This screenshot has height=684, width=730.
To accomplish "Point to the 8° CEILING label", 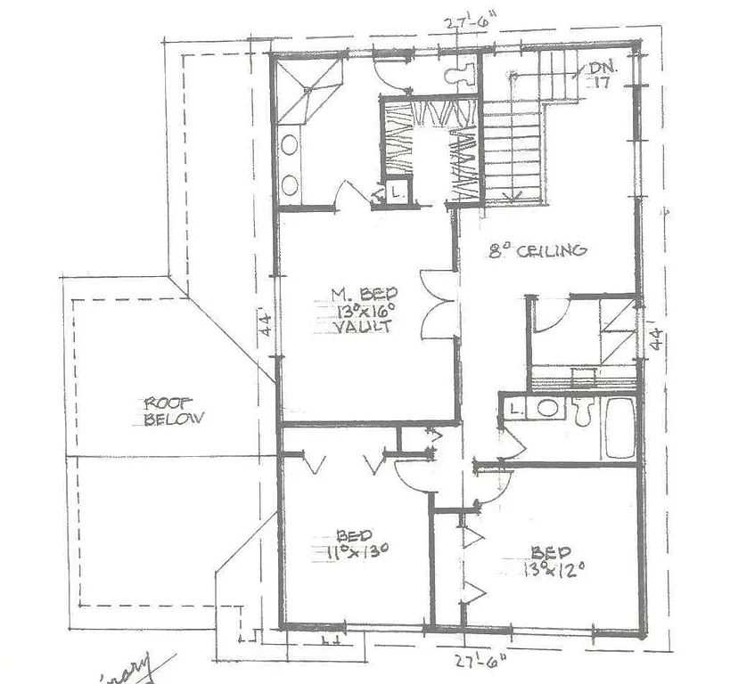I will click(538, 250).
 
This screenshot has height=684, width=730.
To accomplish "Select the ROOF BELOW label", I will click(175, 411).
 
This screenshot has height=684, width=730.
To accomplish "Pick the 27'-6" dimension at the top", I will click(471, 24).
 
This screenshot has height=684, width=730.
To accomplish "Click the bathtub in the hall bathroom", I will click(619, 427).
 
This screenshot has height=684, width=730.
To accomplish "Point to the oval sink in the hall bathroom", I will click(548, 408).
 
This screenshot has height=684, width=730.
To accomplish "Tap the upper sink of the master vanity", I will click(291, 143).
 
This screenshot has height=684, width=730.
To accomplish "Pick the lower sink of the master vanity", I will click(291, 184).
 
